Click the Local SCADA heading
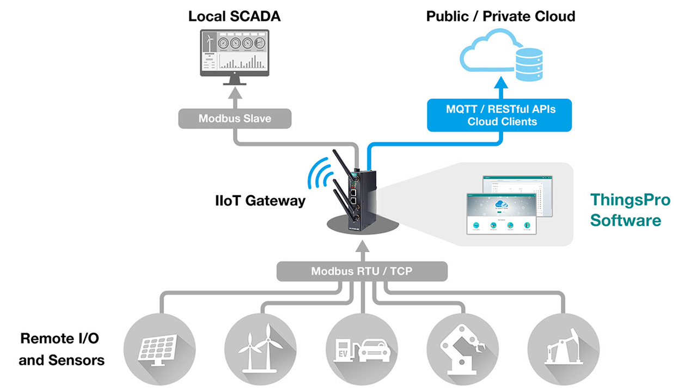(x=234, y=16)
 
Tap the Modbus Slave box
(x=234, y=118)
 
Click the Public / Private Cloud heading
(x=500, y=16)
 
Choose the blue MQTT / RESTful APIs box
(x=499, y=115)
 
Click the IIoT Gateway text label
(x=260, y=201)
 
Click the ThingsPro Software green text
(x=630, y=210)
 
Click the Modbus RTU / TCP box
(x=362, y=271)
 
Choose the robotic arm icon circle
(x=462, y=347)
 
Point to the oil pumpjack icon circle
(x=563, y=347)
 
